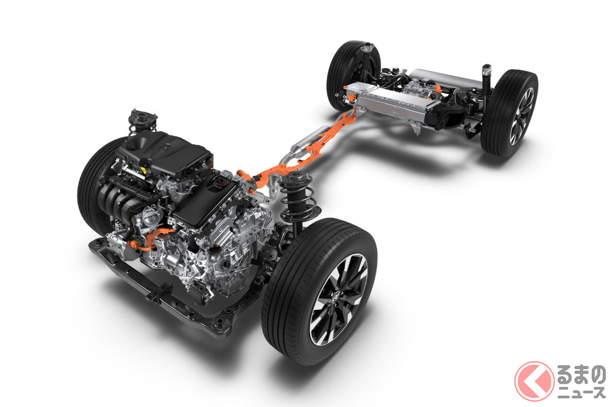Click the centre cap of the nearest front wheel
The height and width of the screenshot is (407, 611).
point(336,295)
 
